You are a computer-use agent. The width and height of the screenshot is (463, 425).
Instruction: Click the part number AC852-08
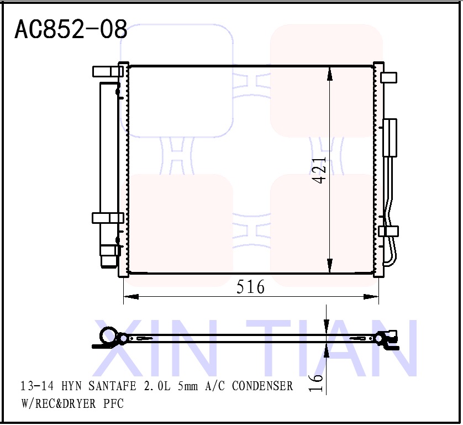point(71,29)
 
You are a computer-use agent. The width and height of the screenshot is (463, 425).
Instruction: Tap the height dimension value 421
point(319,170)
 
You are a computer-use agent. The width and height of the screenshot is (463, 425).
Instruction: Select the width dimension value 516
point(250,287)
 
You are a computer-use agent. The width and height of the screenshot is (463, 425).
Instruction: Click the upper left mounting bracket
point(107,71)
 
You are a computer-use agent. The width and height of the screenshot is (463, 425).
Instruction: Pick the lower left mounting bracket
point(107,218)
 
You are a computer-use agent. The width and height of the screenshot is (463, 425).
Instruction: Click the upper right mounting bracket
point(389,77)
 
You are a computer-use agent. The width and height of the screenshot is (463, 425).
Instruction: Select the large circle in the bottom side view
point(108,337)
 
